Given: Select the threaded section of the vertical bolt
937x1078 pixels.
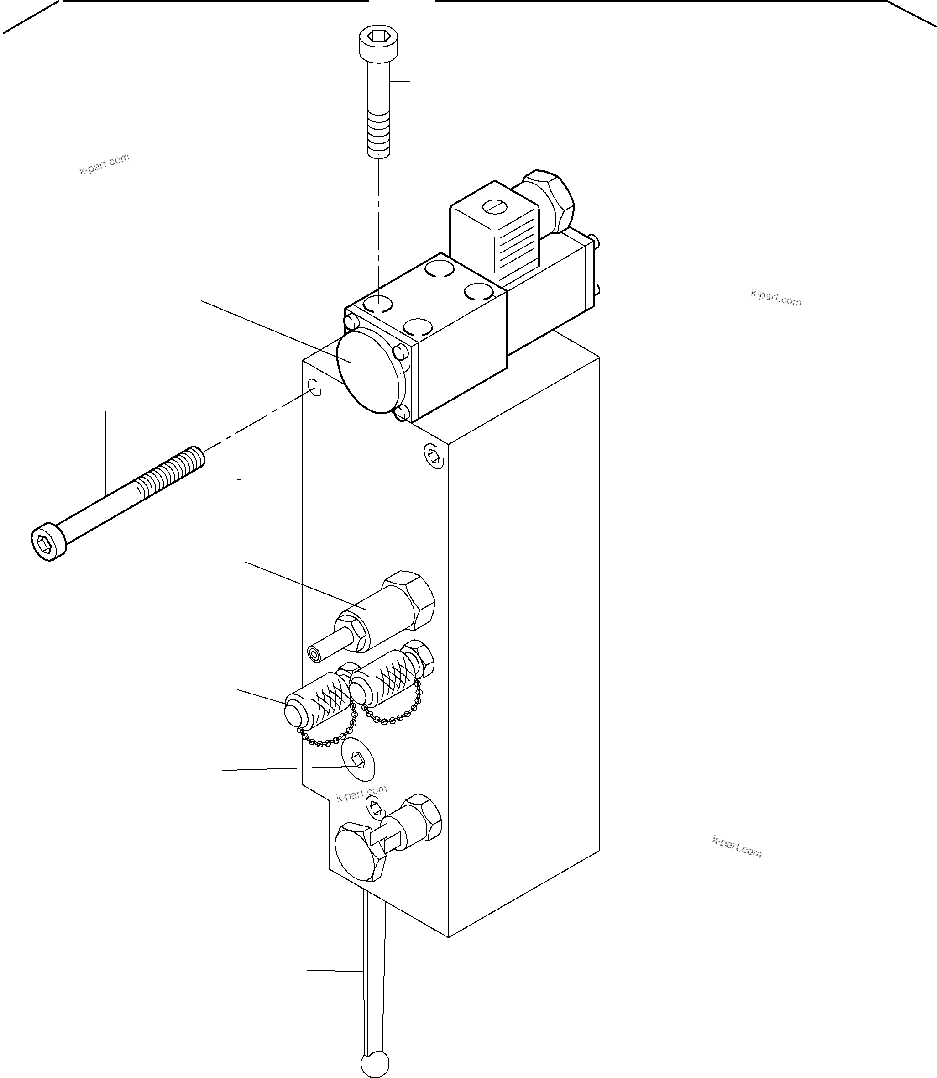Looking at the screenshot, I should tap(378, 133).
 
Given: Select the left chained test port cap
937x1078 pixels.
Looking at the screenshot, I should tap(314, 706).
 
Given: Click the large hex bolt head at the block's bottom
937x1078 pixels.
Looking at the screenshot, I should tap(359, 851).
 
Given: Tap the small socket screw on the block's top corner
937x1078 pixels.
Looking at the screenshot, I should tap(433, 456).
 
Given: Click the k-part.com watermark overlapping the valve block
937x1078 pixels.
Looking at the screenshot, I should tap(361, 794).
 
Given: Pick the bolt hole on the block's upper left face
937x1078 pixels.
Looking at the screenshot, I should tap(315, 387).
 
